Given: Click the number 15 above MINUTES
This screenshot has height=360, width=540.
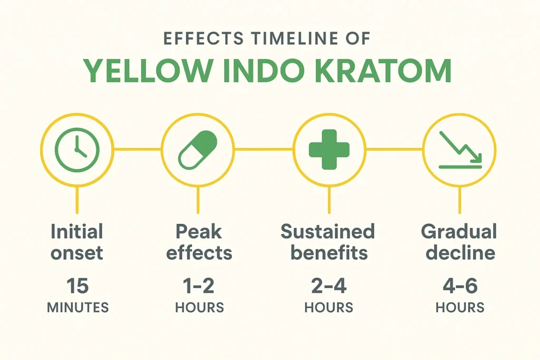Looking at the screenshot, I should tap(78, 286).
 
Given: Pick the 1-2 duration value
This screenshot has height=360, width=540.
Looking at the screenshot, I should tap(199, 286).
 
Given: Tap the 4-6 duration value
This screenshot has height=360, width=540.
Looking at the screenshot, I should tap(460, 286).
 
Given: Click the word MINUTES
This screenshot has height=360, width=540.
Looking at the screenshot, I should tap(78, 307).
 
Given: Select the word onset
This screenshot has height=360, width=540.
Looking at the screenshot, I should tap(77, 252).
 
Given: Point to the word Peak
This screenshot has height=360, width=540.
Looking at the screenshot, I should tap(198, 231).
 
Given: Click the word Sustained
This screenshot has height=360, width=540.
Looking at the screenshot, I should tap(327, 231).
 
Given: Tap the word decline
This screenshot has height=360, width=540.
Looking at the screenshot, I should tap(460, 252).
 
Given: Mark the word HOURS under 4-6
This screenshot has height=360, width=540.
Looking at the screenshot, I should tap(460, 307).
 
